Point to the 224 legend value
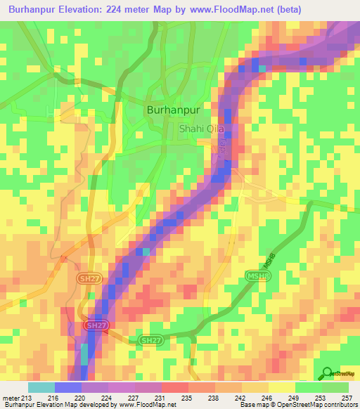click(108, 397)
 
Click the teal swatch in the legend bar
click(41, 387)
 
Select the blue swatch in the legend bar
click(68, 387)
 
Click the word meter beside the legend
click(10, 397)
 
